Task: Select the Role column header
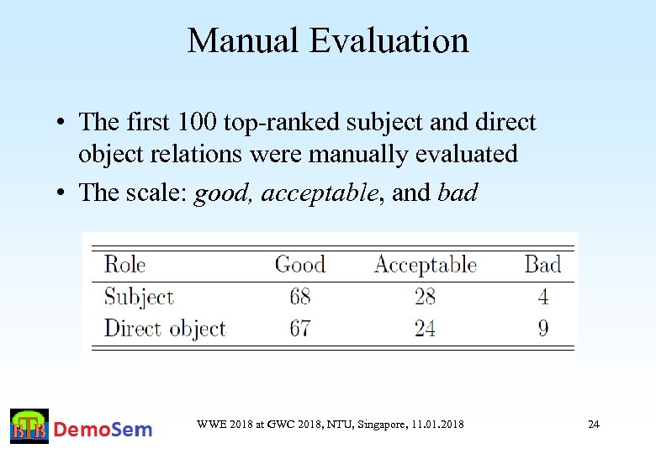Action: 124,265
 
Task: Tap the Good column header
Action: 299,265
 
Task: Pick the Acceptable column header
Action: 425,266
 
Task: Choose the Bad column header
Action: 542,265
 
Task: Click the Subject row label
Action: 139,297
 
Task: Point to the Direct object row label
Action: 165,328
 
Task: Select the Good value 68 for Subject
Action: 299,297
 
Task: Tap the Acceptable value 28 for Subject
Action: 425,297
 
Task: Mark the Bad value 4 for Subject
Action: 543,297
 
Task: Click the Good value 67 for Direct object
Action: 299,328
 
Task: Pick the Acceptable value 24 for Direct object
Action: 425,328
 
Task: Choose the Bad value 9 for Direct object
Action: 543,328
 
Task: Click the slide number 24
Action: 593,425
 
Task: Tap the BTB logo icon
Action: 29,427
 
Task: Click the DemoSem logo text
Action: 103,430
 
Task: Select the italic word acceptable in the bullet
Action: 319,193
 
